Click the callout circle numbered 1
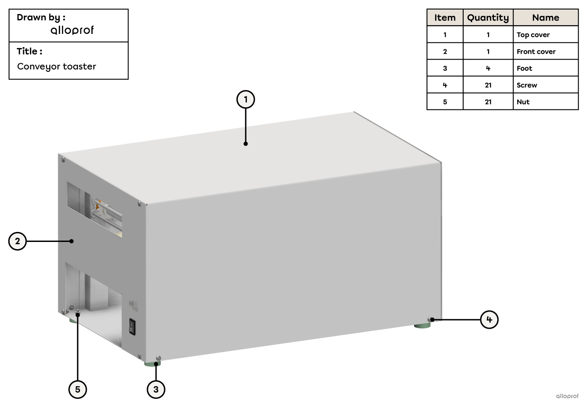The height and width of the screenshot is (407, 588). pos(246,99)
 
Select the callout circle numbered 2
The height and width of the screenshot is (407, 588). pos(18,241)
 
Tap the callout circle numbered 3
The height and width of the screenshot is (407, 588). pos(156,389)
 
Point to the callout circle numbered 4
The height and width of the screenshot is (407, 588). pos(489,320)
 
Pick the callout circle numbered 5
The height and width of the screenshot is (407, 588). pos(77,389)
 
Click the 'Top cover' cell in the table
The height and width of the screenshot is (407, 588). pos(545,35)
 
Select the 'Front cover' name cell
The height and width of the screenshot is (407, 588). pos(545,52)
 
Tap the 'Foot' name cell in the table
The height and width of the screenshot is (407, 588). pos(545,68)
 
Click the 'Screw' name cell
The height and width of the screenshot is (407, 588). pos(545,85)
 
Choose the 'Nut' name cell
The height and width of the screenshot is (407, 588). pos(545,102)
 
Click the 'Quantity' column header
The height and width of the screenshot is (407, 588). pos(488,18)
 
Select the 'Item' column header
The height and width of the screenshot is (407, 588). pos(445,18)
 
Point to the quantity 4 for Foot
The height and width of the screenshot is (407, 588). pos(488,68)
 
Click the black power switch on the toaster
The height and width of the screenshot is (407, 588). pos(132,327)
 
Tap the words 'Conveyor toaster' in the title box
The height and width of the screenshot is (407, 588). pos(57,66)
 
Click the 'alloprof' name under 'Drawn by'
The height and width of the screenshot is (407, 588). pos(72,30)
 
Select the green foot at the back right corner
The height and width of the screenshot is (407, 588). pos(422,325)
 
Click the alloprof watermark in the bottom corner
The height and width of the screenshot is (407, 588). pos(567,396)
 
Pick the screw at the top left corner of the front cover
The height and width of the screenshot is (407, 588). pos(62,160)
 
